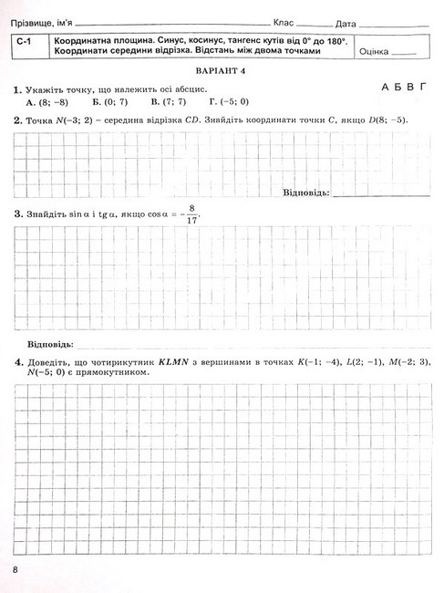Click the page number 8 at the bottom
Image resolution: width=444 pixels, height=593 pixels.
(16, 569)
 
